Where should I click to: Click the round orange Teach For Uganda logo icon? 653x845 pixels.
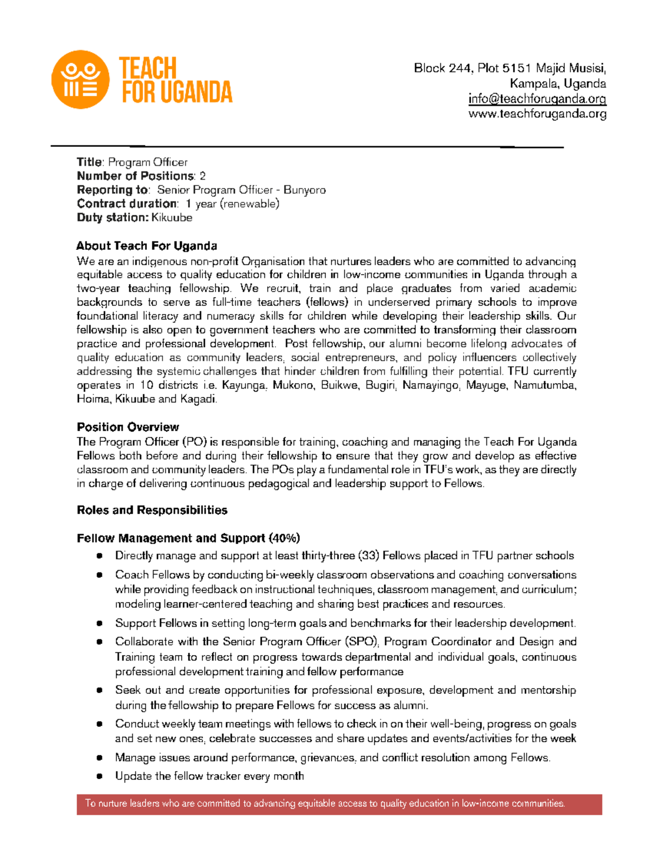pos(80,79)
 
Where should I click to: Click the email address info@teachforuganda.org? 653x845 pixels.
pos(537,99)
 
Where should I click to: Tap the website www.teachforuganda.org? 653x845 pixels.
pos(537,114)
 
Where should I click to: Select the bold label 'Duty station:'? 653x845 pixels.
pos(112,218)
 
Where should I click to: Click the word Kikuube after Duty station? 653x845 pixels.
pos(171,218)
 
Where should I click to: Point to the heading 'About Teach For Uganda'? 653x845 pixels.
pos(147,246)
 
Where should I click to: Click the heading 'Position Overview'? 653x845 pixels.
pos(128,427)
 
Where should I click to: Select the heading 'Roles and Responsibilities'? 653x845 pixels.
pos(152,510)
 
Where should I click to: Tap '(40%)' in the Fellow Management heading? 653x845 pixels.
pos(284,539)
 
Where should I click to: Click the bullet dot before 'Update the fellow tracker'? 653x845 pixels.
pos(100,776)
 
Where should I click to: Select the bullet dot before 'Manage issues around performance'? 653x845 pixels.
pos(100,758)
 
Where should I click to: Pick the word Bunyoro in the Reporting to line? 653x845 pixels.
pos(305,190)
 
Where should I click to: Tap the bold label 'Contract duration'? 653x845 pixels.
pos(127,204)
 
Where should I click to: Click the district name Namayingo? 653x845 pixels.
pos(431,386)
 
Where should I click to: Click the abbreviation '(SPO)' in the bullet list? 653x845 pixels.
pos(360,642)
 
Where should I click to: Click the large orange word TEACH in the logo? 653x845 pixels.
pos(148,69)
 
